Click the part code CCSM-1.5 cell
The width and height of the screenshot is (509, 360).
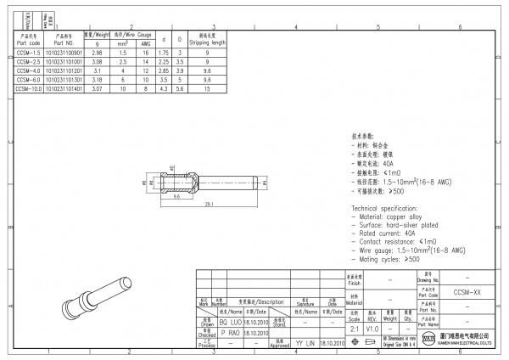click(x=29, y=53)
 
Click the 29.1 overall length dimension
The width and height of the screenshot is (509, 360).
click(x=207, y=203)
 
